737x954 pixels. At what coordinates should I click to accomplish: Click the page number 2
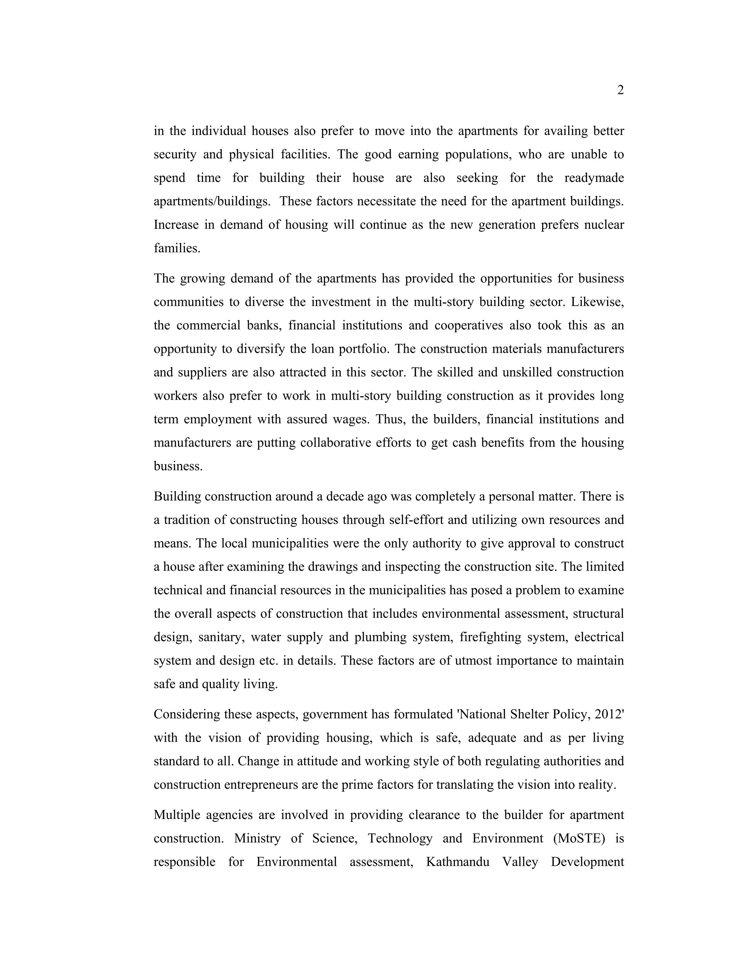[620, 90]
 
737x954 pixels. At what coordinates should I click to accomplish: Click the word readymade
[594, 178]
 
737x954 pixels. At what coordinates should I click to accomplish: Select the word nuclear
[604, 225]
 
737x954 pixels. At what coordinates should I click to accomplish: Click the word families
[177, 248]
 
